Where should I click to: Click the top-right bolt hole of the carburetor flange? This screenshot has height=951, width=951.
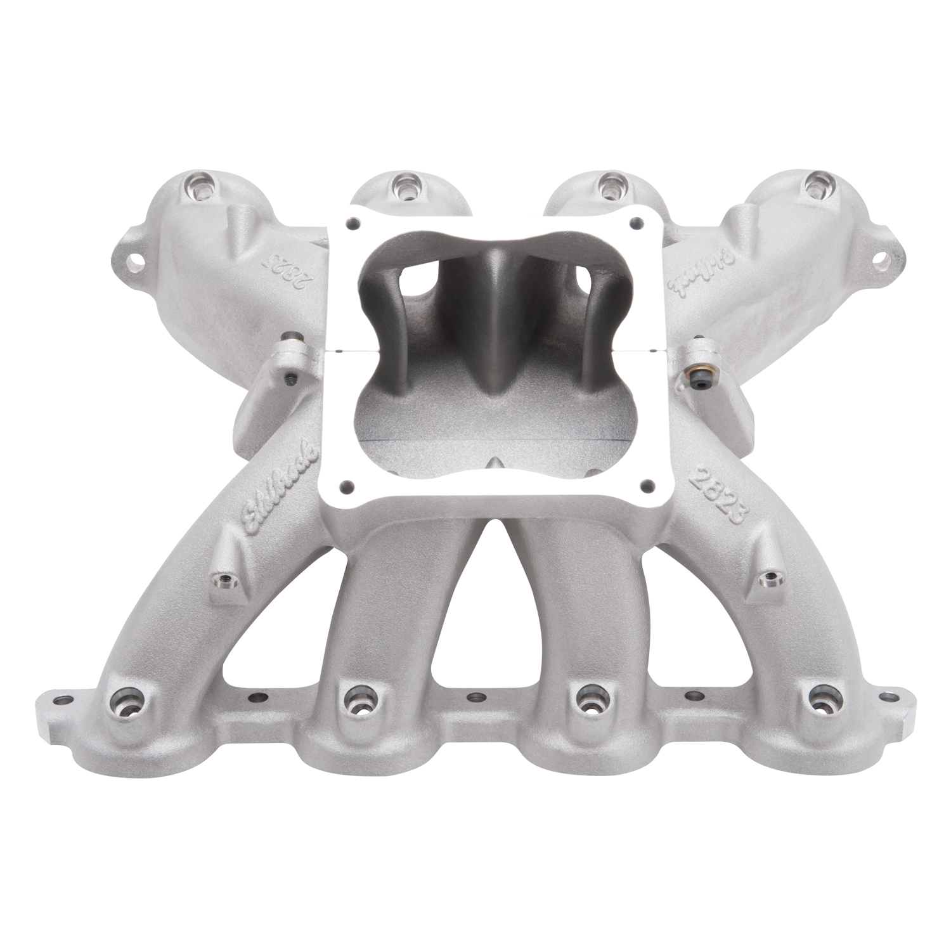click(x=636, y=230)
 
